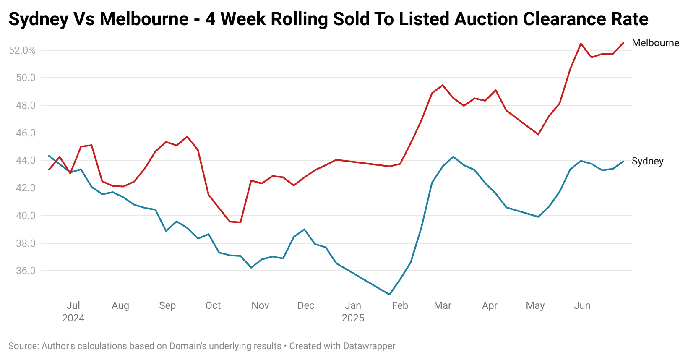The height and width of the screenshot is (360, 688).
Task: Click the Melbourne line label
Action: pyautogui.click(x=655, y=43)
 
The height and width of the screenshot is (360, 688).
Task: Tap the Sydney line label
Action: pyautogui.click(x=647, y=161)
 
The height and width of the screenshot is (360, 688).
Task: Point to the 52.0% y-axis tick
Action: pyautogui.click(x=22, y=50)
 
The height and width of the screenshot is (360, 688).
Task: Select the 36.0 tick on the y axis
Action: pyautogui.click(x=26, y=271)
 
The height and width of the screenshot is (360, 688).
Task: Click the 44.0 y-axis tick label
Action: pyautogui.click(x=26, y=160)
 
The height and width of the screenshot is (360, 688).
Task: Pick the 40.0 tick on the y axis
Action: pyautogui.click(x=26, y=216)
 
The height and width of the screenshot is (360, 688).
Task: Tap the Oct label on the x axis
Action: pyautogui.click(x=213, y=305)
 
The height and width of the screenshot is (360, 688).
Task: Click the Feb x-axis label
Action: pyautogui.click(x=400, y=305)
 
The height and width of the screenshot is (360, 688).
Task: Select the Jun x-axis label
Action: pyautogui.click(x=582, y=305)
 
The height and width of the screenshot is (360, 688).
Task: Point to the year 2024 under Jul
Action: pyautogui.click(x=73, y=318)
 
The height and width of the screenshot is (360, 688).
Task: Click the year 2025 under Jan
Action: pyautogui.click(x=353, y=318)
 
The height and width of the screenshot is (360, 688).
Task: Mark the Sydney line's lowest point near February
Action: pyautogui.click(x=389, y=294)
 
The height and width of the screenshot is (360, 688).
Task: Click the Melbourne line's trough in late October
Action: pyautogui.click(x=240, y=222)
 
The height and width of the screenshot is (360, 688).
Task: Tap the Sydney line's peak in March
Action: pyautogui.click(x=453, y=157)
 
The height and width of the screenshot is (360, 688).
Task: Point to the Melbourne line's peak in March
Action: pyautogui.click(x=443, y=85)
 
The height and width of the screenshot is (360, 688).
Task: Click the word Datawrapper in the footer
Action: pyautogui.click(x=369, y=346)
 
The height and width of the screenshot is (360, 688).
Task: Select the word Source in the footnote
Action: pyautogui.click(x=23, y=346)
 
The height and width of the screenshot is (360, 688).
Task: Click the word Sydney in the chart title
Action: pyautogui.click(x=38, y=19)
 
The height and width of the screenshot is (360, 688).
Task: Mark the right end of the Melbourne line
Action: pyautogui.click(x=623, y=43)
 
